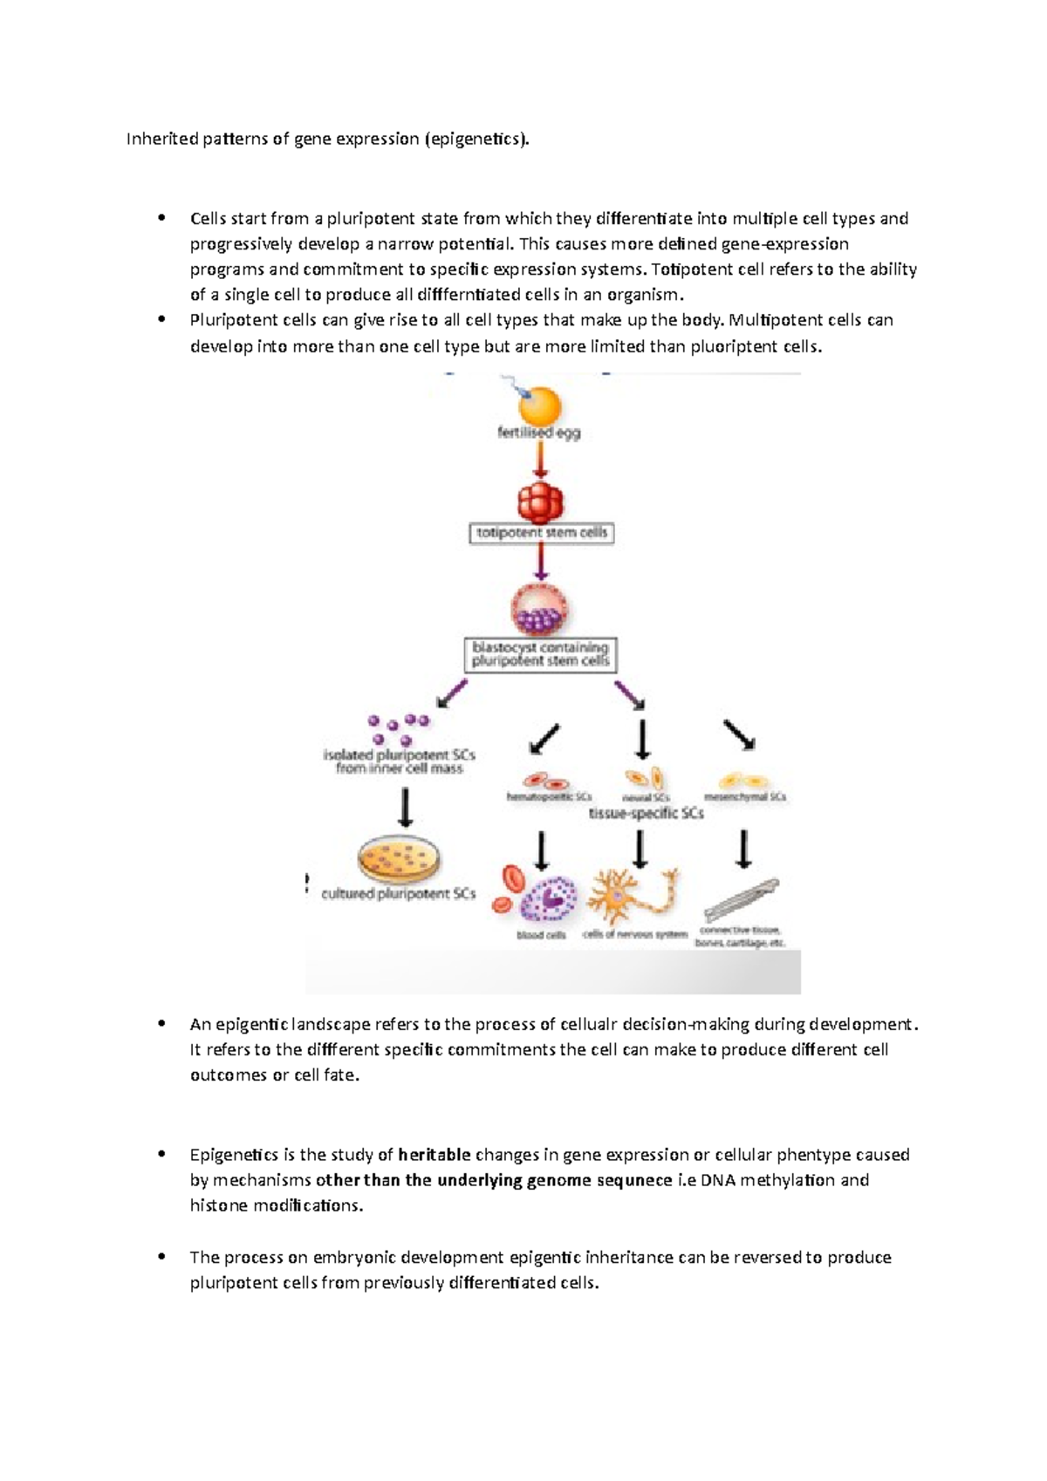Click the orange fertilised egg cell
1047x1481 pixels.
[539, 406]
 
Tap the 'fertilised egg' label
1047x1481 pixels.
[538, 433]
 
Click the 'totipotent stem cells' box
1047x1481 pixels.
[541, 533]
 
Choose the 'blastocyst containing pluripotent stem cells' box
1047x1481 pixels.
[540, 654]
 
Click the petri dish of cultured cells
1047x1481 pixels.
[399, 858]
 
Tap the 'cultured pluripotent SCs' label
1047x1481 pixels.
[399, 894]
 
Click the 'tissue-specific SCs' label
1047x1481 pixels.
[646, 813]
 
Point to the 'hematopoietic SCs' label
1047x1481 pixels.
[549, 796]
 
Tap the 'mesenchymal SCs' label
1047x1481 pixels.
[750, 796]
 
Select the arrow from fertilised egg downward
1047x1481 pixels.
[540, 461]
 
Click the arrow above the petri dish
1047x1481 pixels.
[405, 808]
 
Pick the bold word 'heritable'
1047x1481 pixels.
[434, 1155]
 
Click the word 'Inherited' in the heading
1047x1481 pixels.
[162, 139]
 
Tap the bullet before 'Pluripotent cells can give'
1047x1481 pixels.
[161, 320]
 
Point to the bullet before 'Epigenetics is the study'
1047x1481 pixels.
[161, 1154]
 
